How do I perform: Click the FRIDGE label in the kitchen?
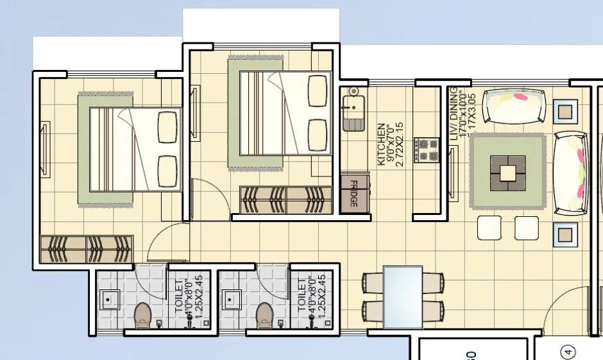pyautogui.click(x=353, y=193)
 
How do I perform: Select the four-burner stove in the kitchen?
pyautogui.click(x=425, y=150)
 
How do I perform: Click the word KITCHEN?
pyautogui.click(x=382, y=145)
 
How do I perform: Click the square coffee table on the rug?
pyautogui.click(x=507, y=172)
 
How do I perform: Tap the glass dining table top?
pyautogui.click(x=403, y=296)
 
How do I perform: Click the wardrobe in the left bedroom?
pyautogui.click(x=87, y=249)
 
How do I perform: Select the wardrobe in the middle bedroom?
pyautogui.click(x=286, y=200)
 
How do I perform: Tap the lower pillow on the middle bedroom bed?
pyautogui.click(x=318, y=133)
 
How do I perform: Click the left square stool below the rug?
pyautogui.click(x=489, y=228)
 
